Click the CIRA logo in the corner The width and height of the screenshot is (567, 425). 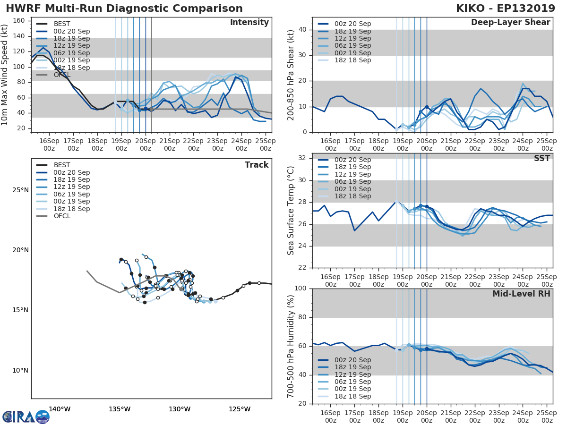(x=26, y=416)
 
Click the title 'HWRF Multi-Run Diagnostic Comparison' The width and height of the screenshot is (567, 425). (x=124, y=8)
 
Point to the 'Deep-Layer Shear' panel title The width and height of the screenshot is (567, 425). (x=510, y=23)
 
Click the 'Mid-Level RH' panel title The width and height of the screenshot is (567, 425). (x=521, y=294)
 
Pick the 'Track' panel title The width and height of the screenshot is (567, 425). (x=257, y=165)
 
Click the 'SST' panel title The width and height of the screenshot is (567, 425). (x=542, y=158)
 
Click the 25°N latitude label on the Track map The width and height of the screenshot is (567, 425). (x=20, y=190)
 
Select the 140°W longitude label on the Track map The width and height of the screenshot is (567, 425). (x=60, y=409)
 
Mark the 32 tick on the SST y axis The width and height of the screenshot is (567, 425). (x=302, y=158)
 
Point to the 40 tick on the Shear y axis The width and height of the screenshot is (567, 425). (x=302, y=30)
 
